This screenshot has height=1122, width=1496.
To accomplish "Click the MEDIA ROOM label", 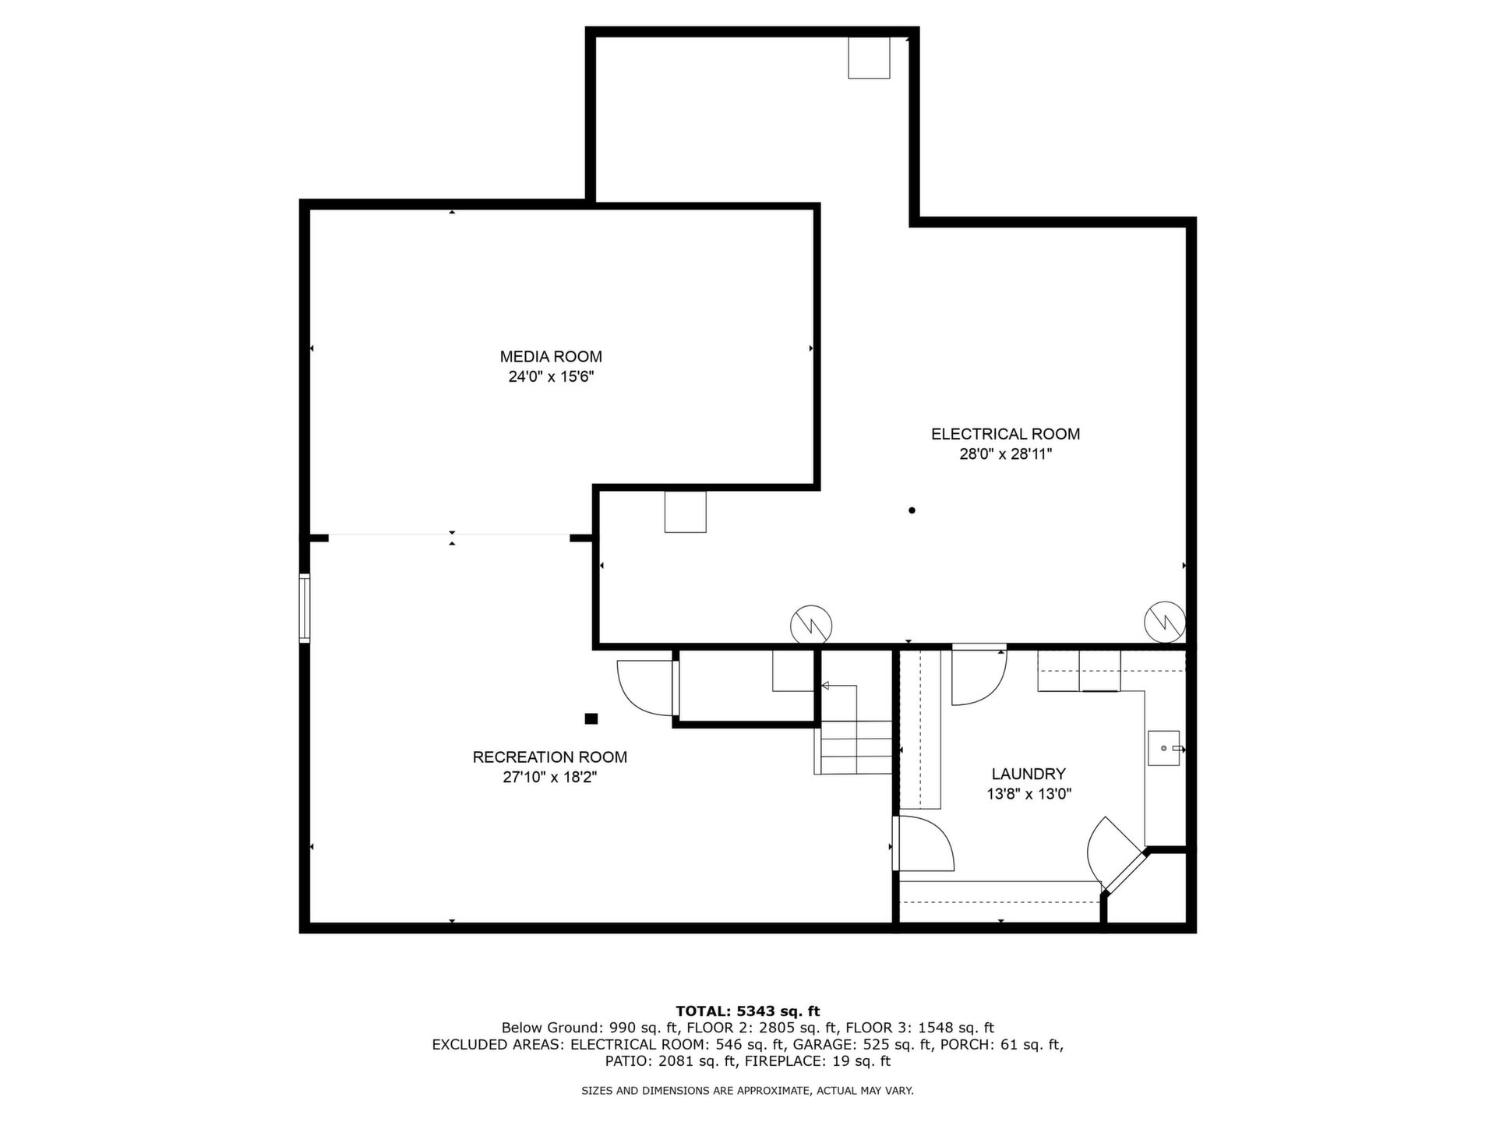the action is [x=551, y=357].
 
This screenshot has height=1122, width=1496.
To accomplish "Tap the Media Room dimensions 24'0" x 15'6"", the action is [x=551, y=377].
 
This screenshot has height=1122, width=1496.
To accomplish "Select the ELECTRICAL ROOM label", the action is [x=1005, y=434].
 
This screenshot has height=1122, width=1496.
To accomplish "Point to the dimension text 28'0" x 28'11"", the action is [x=1005, y=454].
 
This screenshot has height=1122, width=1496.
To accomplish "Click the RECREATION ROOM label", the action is [x=550, y=757].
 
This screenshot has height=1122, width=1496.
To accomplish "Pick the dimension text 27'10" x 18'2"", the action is [x=550, y=778].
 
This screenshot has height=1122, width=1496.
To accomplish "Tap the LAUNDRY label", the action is [x=1028, y=774].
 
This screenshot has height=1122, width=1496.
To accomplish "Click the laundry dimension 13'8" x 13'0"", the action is [x=1028, y=795].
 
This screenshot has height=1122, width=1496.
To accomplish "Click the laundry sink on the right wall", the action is [x=1164, y=749].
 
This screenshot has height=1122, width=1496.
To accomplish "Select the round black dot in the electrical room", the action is [x=912, y=510].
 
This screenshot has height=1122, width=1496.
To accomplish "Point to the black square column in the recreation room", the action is [x=591, y=718].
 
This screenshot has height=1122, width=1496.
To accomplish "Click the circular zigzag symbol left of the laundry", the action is [x=811, y=625].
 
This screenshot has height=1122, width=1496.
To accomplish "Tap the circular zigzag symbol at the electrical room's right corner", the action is [x=1165, y=622].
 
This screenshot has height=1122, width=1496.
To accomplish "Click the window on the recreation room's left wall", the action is [x=305, y=609].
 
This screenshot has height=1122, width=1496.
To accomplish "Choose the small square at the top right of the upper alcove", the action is [x=869, y=58].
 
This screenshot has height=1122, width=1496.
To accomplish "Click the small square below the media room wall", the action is [x=685, y=511].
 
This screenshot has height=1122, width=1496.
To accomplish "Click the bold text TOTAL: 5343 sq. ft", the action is [x=748, y=1011].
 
